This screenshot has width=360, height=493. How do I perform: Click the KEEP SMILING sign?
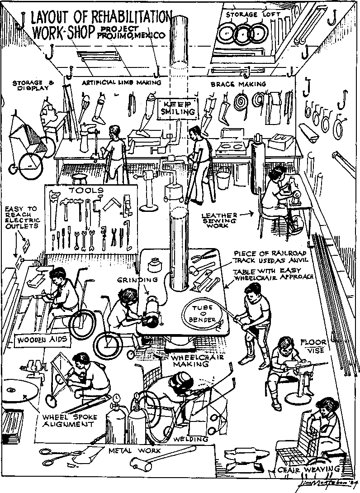tap(178, 107)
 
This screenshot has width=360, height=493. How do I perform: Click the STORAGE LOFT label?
tap(253, 14)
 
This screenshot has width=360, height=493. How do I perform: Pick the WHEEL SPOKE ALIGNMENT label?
tap(68, 420)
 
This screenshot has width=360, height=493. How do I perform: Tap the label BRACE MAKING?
tap(238, 84)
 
